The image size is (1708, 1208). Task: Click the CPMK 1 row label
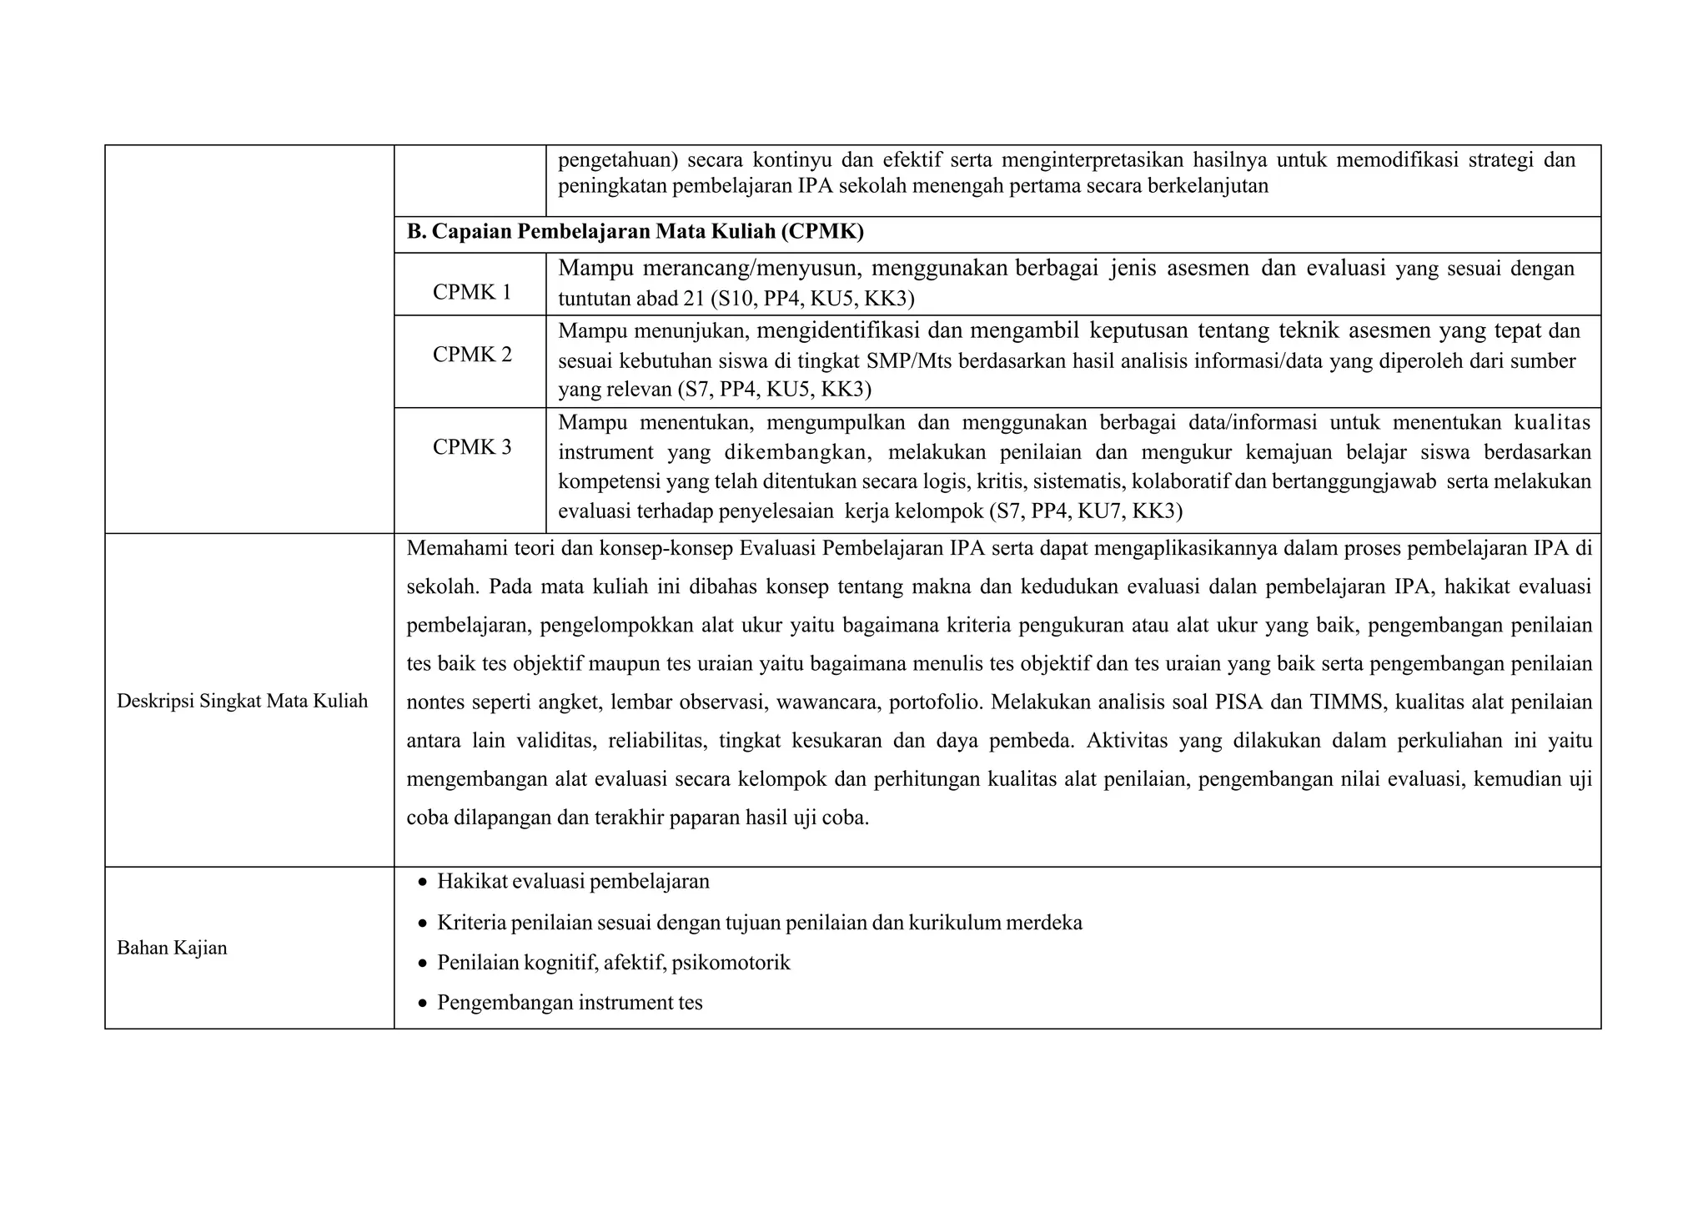click(471, 292)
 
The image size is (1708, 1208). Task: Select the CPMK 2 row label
click(471, 355)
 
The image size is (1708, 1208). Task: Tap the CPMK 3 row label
click(471, 447)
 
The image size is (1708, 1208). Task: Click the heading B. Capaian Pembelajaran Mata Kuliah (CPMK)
click(635, 232)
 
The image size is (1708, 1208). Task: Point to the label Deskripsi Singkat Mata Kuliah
click(242, 701)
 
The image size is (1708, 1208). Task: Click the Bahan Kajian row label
click(172, 948)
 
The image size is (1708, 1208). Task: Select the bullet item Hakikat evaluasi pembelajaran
click(573, 881)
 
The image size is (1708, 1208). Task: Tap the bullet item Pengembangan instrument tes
click(570, 1002)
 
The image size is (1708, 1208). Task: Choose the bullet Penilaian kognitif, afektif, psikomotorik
click(613, 963)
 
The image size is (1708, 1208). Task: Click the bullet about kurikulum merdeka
click(759, 923)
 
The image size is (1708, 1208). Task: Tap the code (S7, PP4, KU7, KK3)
click(1086, 511)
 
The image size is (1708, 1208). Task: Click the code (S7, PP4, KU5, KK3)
click(774, 390)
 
